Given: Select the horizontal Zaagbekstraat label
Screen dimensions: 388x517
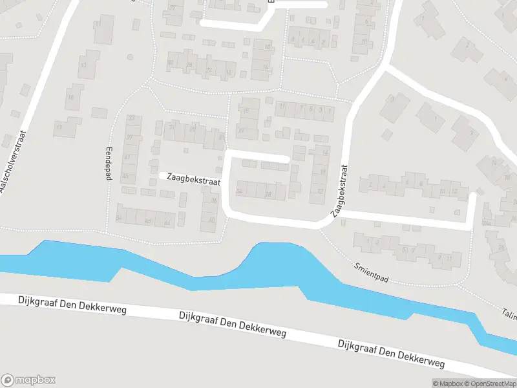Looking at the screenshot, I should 193,179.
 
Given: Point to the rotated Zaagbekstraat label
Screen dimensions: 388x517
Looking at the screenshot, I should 340,190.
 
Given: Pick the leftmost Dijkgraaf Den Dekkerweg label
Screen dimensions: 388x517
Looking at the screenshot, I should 63,305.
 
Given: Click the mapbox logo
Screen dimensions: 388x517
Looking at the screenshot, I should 28,380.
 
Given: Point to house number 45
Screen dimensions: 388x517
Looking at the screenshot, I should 126,176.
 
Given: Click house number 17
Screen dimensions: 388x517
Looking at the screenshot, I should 59,127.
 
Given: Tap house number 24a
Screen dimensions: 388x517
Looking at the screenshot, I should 487,223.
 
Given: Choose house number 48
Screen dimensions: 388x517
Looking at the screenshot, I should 148,222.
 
